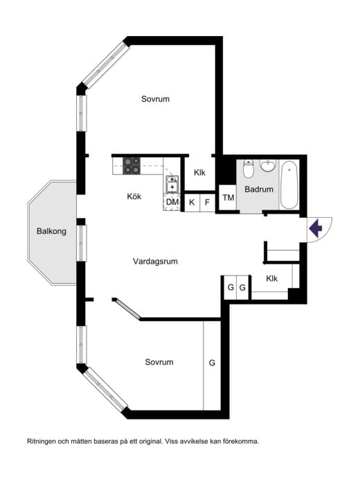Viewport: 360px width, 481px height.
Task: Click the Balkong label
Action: pos(51,231)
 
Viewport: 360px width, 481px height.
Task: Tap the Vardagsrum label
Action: pos(155,262)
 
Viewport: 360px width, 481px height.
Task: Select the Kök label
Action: pos(134,197)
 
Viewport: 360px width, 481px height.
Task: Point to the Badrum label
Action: pos(259,189)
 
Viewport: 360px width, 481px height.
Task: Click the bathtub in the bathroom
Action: pos(289,185)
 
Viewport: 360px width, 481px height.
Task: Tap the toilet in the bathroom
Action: pos(248,169)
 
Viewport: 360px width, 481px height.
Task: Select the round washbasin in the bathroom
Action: pos(268,165)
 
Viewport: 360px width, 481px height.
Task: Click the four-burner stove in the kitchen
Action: pos(132,166)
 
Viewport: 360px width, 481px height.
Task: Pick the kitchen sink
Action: pos(172,184)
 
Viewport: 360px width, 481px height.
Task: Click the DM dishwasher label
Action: pos(172,202)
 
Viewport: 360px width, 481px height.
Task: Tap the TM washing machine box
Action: pos(228,197)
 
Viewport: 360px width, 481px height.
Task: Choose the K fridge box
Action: pos(192,202)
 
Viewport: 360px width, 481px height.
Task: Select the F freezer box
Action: pos(207,202)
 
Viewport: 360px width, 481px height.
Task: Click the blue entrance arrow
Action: pos(316,228)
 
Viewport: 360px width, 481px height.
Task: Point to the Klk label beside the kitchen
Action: pos(199,173)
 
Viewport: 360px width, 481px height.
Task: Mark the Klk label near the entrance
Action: pos(271,278)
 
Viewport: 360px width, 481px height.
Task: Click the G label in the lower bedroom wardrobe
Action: pos(212,363)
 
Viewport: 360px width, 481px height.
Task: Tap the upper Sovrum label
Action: pos(155,99)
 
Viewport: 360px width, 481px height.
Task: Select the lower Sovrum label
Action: pos(159,362)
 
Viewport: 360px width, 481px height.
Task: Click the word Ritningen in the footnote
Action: pos(42,442)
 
